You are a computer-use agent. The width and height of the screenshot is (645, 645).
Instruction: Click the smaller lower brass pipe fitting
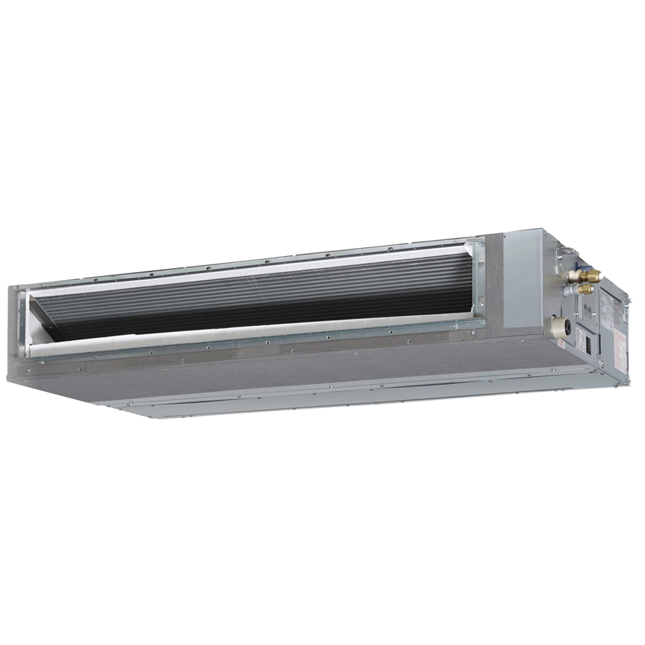(586, 289)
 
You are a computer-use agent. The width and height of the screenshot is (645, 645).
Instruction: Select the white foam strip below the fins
(239, 337)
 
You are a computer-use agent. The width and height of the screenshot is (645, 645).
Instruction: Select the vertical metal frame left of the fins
(23, 322)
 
